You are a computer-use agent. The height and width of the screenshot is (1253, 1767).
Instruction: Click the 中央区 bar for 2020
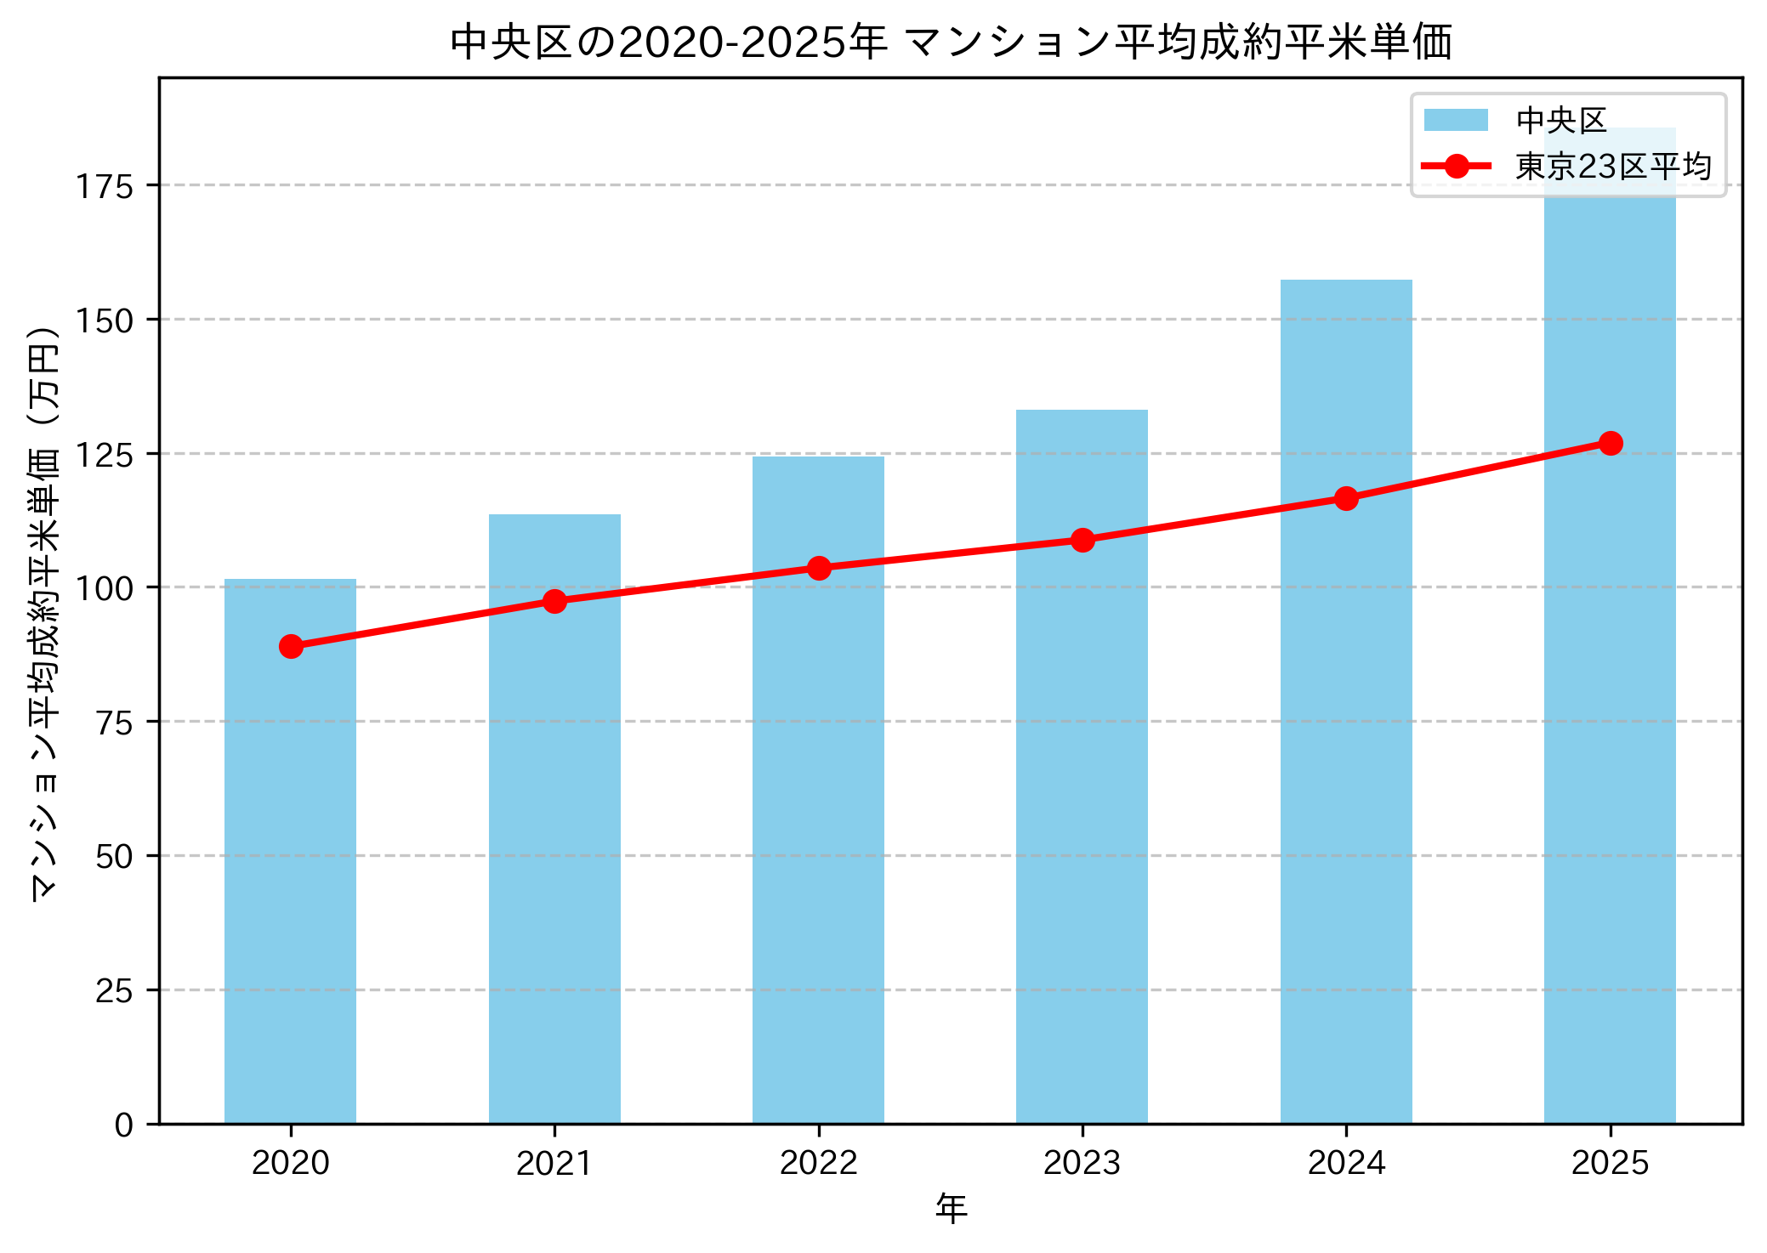pos(290,850)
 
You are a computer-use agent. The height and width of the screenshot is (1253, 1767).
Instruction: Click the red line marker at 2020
pos(291,646)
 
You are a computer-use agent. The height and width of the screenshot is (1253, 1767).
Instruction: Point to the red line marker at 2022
pos(819,568)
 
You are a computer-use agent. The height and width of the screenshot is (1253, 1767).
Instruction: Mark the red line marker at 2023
pos(1082,540)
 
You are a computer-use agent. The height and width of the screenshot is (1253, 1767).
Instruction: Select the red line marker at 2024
pos(1346,498)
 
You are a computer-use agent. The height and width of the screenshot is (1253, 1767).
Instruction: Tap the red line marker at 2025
pos(1611,443)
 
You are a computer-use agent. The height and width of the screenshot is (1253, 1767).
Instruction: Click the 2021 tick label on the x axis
pos(554,1163)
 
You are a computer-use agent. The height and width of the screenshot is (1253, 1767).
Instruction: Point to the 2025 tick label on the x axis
pos(1610,1163)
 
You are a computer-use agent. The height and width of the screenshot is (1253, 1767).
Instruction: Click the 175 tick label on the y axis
pos(105,186)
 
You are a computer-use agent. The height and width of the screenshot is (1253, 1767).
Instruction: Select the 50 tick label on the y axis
pos(115,857)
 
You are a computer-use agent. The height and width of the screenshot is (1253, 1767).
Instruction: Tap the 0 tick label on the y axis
pos(124,1125)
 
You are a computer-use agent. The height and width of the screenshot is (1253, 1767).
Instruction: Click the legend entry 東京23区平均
pos(1613,166)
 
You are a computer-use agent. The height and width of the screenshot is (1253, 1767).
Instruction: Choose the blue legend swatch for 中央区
pos(1456,121)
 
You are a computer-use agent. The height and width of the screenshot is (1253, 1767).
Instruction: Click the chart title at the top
pos(951,43)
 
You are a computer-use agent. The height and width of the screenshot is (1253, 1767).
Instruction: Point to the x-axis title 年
pos(951,1208)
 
